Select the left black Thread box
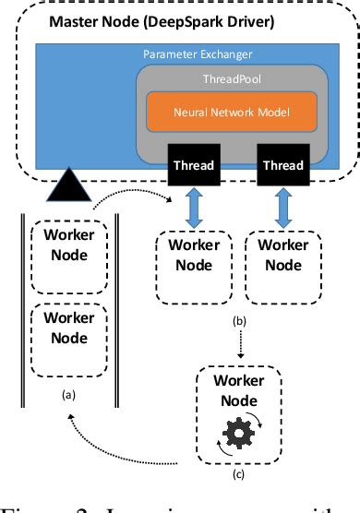tap(195, 167)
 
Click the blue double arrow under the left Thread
tap(195, 208)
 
